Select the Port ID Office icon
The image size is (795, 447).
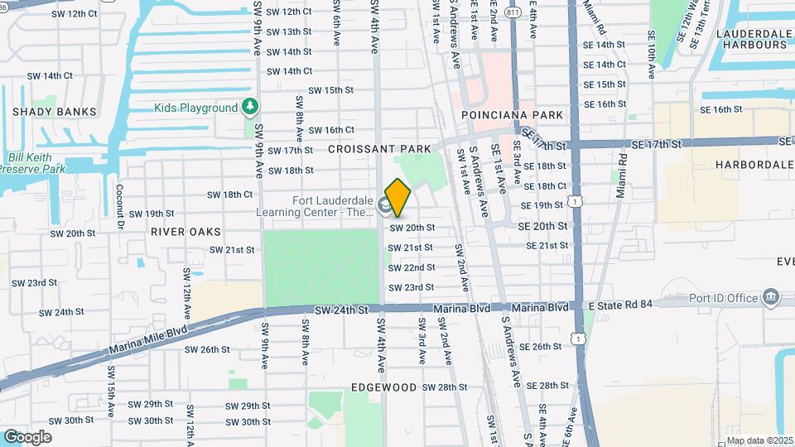pyautogui.click(x=772, y=297)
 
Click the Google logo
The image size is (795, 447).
pyautogui.click(x=27, y=437)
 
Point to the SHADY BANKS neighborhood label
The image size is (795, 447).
pyautogui.click(x=55, y=112)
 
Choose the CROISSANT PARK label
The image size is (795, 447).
pyautogui.click(x=380, y=149)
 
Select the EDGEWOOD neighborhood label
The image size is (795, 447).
pyautogui.click(x=383, y=387)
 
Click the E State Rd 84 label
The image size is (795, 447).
pyautogui.click(x=620, y=304)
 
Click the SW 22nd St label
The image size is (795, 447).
pyautogui.click(x=412, y=267)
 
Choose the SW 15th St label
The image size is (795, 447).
pyautogui.click(x=331, y=90)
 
